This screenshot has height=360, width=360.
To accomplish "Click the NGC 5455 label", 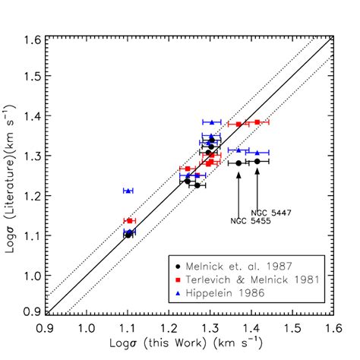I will tap(245, 220).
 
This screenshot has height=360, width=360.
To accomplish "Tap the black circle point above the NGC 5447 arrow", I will tap(257, 161).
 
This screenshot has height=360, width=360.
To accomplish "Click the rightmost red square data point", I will tap(257, 122).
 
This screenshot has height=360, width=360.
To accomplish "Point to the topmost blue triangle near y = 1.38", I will tap(211, 122).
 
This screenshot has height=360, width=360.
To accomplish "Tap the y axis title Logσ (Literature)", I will tap(11, 175).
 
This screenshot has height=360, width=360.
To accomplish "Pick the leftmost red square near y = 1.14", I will tap(130, 220).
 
